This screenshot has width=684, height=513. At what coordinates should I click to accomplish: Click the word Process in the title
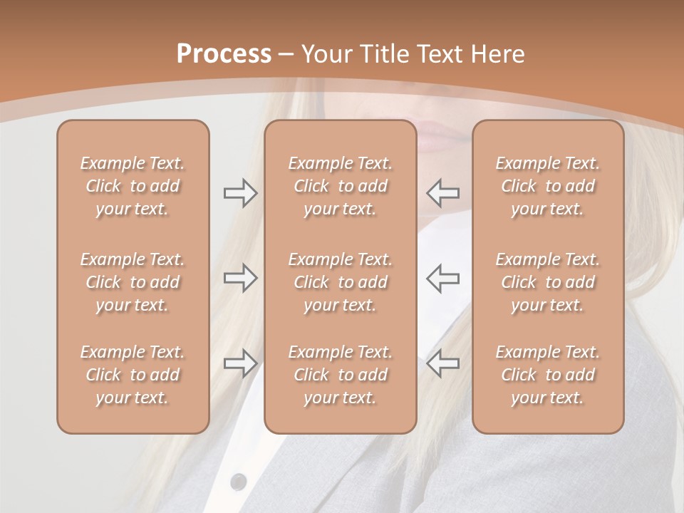click(x=224, y=54)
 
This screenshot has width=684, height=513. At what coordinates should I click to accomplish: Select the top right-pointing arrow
click(x=240, y=193)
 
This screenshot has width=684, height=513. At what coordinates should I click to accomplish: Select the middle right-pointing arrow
click(x=240, y=278)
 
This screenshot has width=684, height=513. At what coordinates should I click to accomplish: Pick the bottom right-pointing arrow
click(x=240, y=363)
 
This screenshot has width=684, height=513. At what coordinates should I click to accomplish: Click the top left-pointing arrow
click(x=443, y=193)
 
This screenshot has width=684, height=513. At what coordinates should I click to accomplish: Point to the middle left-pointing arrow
click(x=443, y=278)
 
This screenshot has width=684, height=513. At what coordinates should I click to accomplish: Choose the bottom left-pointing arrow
click(x=443, y=363)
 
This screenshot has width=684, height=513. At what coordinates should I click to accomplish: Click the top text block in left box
click(x=133, y=186)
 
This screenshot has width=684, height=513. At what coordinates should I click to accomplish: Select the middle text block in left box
click(x=133, y=282)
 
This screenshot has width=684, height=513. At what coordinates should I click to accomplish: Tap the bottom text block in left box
click(x=133, y=375)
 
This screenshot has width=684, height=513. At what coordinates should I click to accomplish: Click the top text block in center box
click(x=340, y=186)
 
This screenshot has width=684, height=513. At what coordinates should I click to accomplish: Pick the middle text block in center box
click(x=340, y=282)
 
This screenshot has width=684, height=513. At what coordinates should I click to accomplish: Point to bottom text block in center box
click(x=340, y=375)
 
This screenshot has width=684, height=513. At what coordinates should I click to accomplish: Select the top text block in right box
click(x=548, y=186)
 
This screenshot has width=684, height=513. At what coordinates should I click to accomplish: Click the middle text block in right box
click(x=548, y=282)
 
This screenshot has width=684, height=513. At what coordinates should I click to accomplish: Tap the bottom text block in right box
click(x=548, y=375)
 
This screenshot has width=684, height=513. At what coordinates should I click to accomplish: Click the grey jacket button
click(x=239, y=482)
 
